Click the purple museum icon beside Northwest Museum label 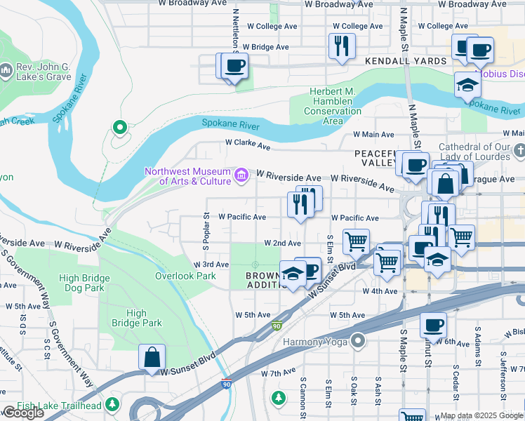pyautogui.click(x=241, y=174)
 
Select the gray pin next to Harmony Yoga pyautogui.click(x=358, y=342)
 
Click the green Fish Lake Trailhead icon pyautogui.click(x=112, y=404)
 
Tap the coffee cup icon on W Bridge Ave pyautogui.click(x=234, y=66)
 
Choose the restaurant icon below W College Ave pyautogui.click(x=342, y=46)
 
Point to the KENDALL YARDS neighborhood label pyautogui.click(x=406, y=61)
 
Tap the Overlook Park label pyautogui.click(x=185, y=276)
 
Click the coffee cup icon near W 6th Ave pyautogui.click(x=433, y=326)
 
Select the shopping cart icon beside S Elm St pyautogui.click(x=356, y=241)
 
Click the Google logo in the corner pyautogui.click(x=23, y=413)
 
